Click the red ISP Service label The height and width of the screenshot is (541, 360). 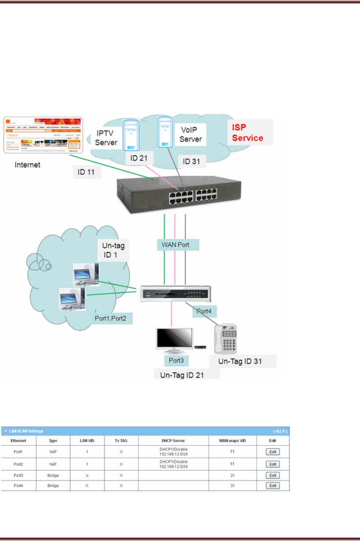click(247, 133)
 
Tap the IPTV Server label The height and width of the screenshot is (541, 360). click(106, 138)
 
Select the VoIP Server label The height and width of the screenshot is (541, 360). click(190, 134)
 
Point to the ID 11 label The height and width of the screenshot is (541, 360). click(86, 172)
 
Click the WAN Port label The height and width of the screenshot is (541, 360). click(176, 245)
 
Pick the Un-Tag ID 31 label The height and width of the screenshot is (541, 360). click(240, 361)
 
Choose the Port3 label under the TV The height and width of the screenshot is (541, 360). click(176, 360)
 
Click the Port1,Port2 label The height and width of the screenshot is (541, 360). click(110, 318)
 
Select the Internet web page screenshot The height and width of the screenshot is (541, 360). click(43, 135)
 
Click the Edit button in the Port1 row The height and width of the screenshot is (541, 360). click(273, 452)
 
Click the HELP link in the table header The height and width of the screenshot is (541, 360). click(280, 431)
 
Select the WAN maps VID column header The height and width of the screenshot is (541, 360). click(232, 441)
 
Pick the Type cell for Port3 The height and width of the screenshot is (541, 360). click(53, 475)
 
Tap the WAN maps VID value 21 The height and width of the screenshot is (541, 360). click(232, 475)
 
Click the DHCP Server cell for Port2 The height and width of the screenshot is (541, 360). click(173, 464)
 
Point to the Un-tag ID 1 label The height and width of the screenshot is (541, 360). click(113, 250)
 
